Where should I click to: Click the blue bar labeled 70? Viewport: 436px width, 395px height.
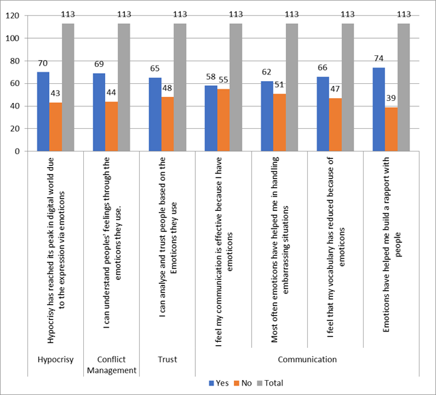pos(43,111)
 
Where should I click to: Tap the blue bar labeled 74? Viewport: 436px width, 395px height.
pos(379,109)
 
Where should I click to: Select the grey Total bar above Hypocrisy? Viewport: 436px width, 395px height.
pos(68,87)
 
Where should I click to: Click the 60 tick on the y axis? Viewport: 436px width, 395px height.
pos(15,83)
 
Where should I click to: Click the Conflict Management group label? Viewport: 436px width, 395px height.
pos(111,364)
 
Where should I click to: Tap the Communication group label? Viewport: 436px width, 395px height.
pos(306,359)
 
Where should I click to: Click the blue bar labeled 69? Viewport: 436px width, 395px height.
pos(99,112)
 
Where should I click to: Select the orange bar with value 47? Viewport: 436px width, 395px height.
pos(335,125)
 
